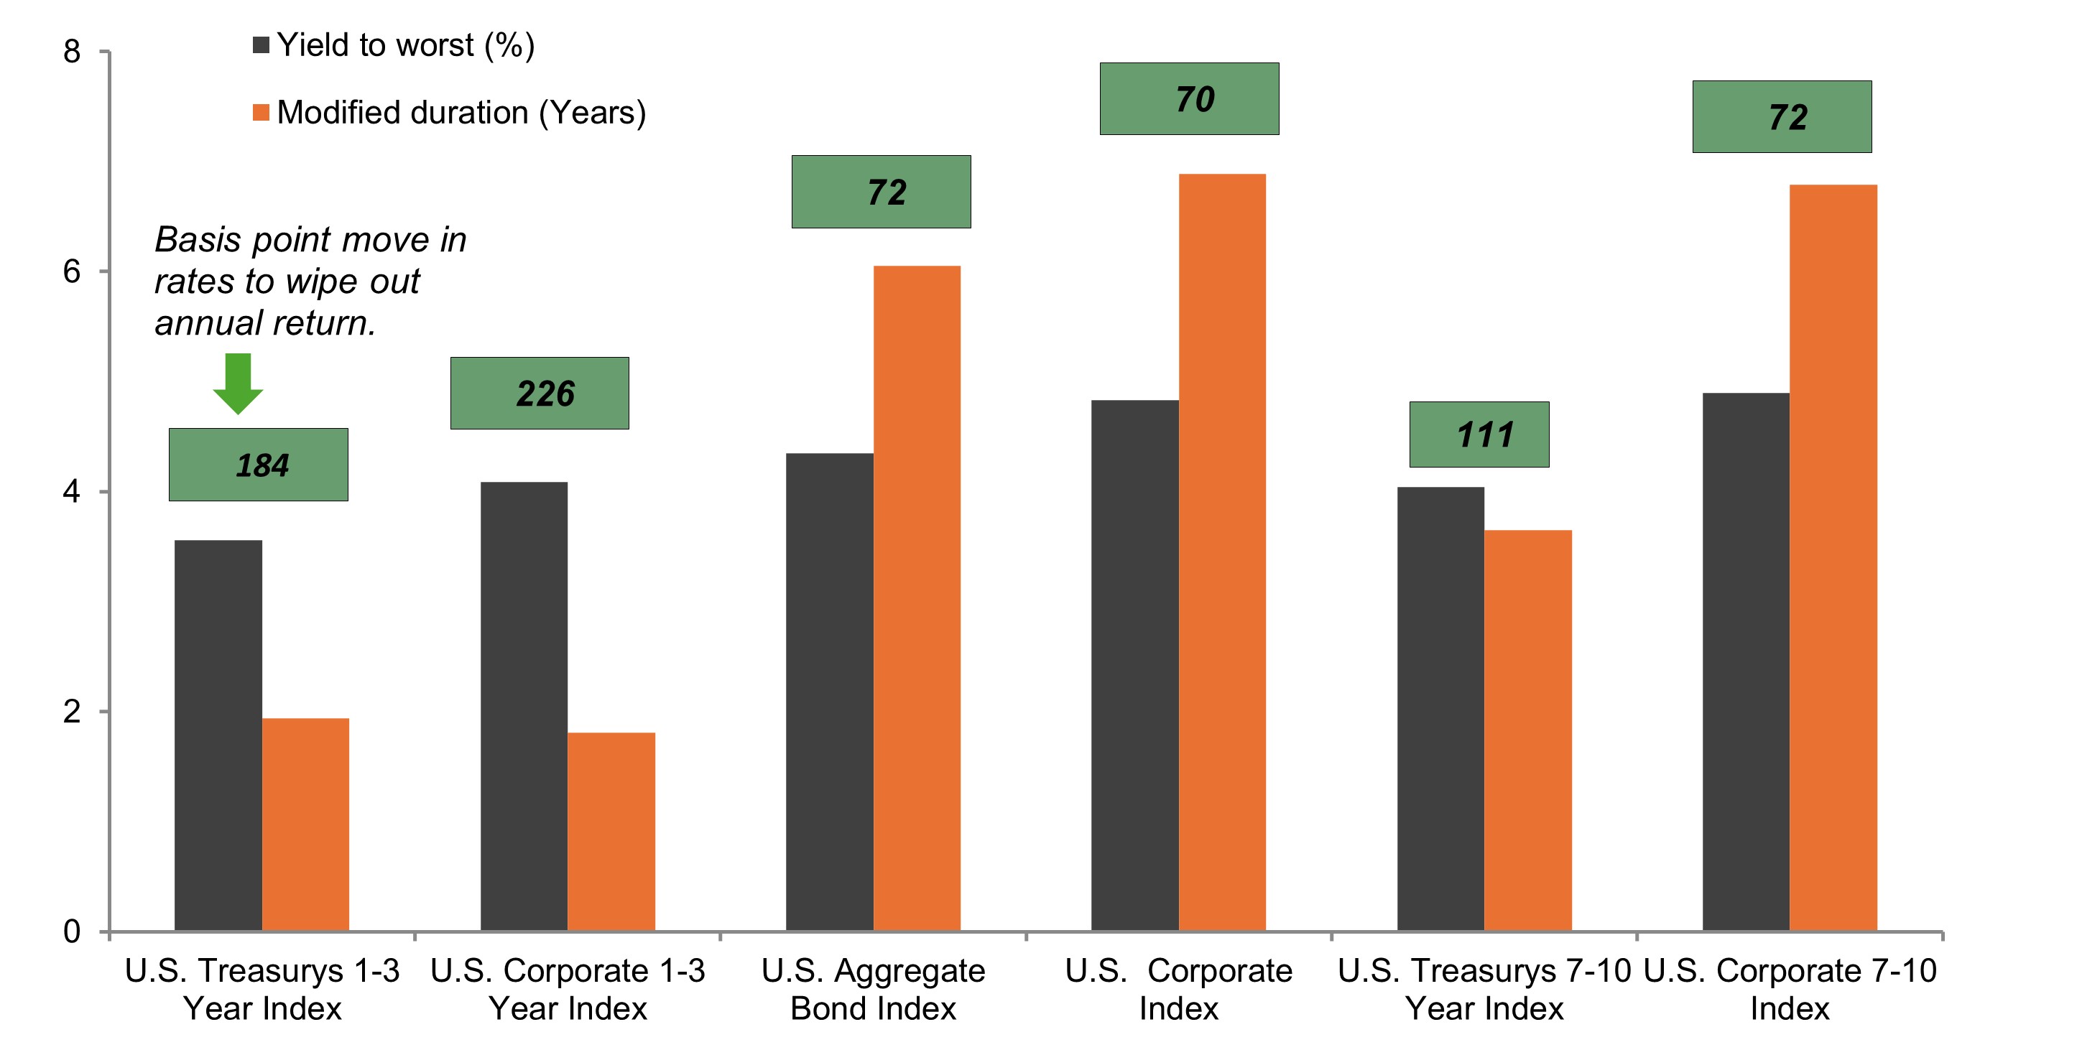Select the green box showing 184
coord(258,465)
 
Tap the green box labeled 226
coord(540,394)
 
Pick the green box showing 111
coord(1479,435)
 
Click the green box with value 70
coord(1188,99)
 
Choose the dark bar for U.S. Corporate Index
coord(1134,666)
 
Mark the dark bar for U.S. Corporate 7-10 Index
coord(1746,661)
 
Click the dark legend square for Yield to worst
coord(260,45)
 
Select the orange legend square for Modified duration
coord(260,113)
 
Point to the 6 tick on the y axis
coord(72,271)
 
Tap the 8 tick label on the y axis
coord(72,52)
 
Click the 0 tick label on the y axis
coord(72,931)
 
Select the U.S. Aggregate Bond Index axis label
coord(873,989)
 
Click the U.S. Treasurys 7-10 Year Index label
coord(1484,989)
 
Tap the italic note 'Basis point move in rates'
coord(310,282)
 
